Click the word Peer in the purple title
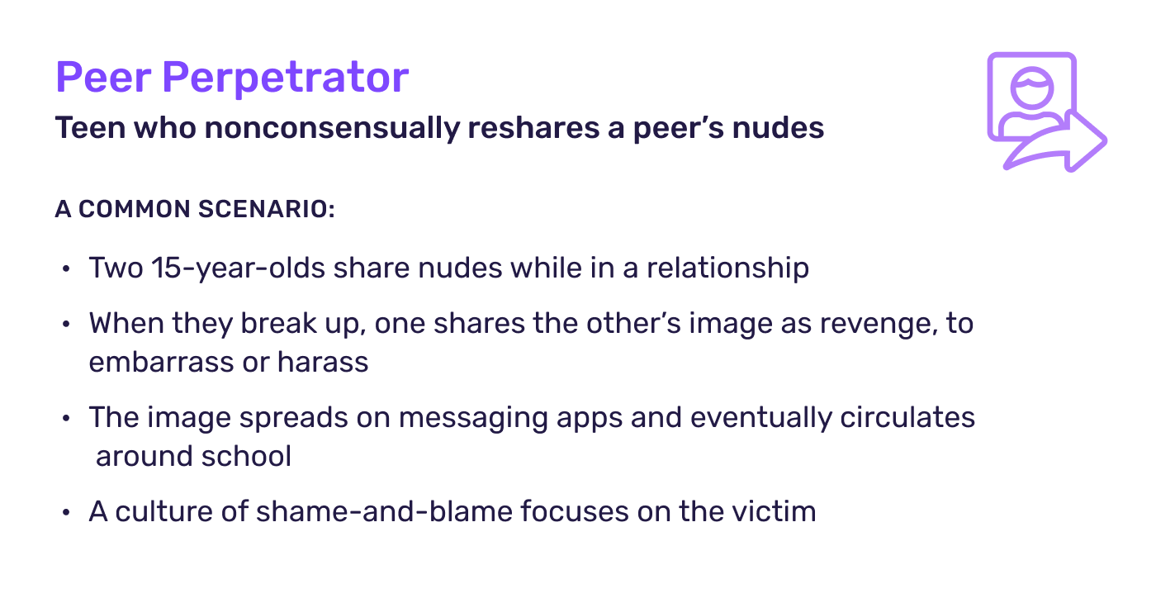click(103, 78)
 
